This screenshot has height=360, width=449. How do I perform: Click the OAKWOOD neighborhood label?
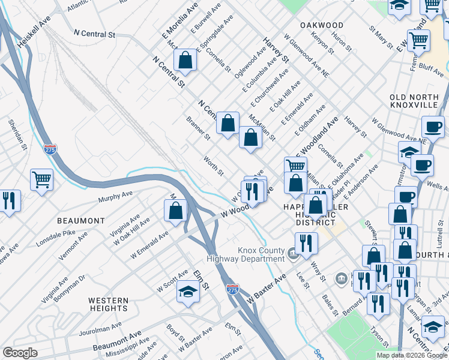[322, 25]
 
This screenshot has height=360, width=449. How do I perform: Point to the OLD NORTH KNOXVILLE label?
[414, 101]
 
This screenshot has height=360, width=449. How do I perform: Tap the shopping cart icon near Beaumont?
[41, 178]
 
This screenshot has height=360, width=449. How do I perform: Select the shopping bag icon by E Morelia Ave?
[185, 60]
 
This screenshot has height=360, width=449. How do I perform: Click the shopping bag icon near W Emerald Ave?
[175, 211]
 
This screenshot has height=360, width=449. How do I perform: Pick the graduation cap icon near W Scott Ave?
[188, 292]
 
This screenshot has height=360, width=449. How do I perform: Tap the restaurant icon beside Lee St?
[306, 243]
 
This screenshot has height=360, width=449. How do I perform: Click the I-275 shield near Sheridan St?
[50, 149]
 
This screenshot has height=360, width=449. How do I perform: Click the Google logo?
[20, 353]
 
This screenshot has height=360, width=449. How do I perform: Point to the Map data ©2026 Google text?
[412, 355]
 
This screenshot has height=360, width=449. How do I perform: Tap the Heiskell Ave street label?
[35, 32]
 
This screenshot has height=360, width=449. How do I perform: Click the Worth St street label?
[213, 167]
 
